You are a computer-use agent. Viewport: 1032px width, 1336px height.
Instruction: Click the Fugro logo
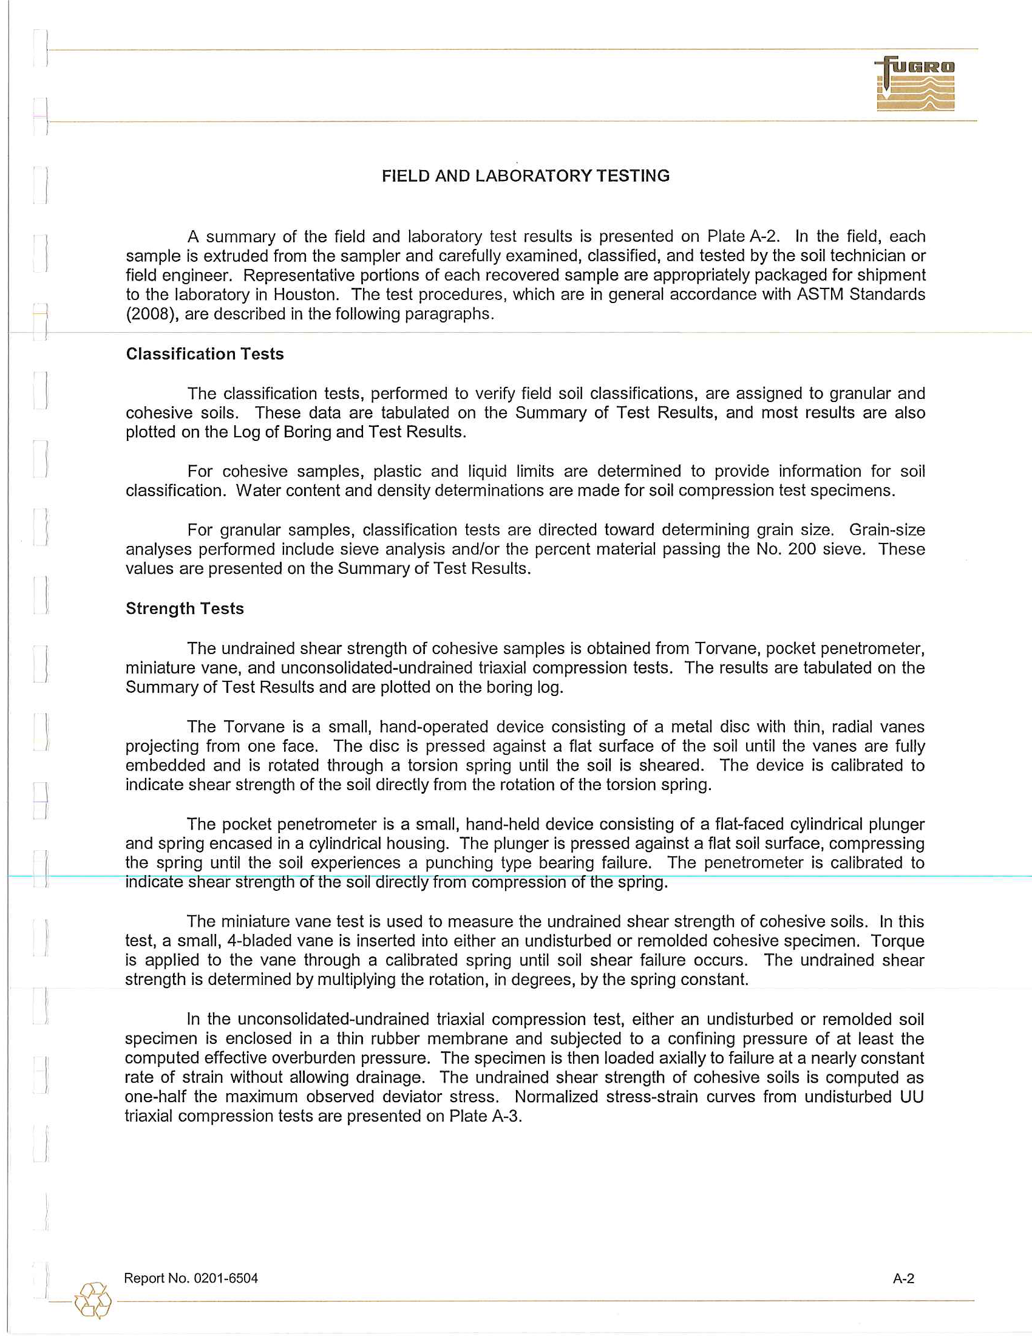coord(915,84)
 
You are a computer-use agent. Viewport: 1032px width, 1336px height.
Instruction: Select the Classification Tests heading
coord(205,354)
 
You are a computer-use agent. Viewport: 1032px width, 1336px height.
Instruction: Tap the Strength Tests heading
coord(185,608)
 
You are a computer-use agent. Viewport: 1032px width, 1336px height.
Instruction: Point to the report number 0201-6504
coord(226,1278)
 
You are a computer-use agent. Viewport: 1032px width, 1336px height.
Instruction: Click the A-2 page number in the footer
coord(904,1278)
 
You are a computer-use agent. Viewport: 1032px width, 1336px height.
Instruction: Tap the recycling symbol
coord(93,1301)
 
